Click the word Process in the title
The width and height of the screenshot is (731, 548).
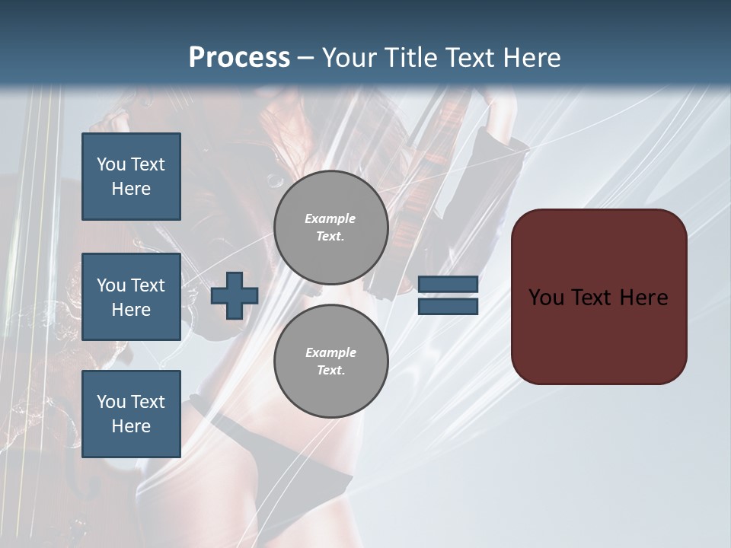pos(239,58)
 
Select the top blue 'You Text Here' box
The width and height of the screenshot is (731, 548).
pos(131,177)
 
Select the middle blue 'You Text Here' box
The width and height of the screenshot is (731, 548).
pos(131,297)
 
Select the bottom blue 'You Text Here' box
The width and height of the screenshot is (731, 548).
pos(131,414)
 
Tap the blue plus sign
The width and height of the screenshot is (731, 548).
pos(235,296)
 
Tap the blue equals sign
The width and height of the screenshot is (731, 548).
pos(448,295)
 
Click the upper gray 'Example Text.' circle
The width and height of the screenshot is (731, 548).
pos(331,228)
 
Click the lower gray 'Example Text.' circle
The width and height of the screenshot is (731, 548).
pos(331,362)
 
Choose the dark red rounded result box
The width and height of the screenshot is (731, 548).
pos(599,296)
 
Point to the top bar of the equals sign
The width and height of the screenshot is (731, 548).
pos(448,285)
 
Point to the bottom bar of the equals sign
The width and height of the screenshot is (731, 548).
pos(448,306)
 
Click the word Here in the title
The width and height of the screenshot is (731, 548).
pos(533,58)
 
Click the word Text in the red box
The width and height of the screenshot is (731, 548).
pos(592,297)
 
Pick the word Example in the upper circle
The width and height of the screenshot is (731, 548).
pos(330,218)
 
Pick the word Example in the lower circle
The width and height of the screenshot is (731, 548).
pos(330,352)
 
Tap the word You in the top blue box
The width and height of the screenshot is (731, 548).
pos(111,164)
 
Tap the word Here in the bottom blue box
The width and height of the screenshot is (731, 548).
pos(131,426)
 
